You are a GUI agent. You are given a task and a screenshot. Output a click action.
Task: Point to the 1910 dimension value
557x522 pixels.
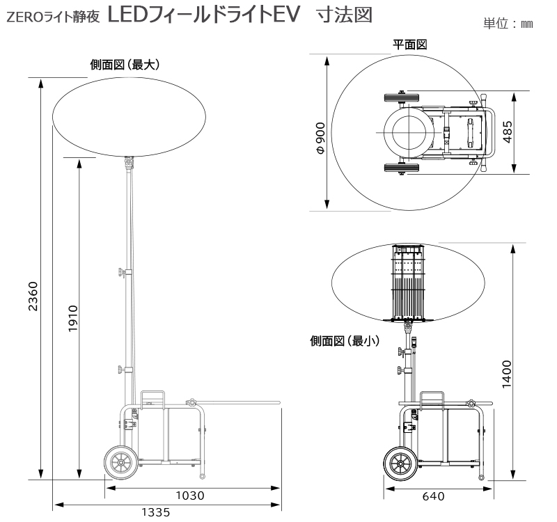(x=72, y=318)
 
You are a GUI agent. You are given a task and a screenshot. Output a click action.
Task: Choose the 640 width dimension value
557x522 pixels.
(x=434, y=497)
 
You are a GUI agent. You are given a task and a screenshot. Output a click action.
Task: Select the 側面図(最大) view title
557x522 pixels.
(x=125, y=65)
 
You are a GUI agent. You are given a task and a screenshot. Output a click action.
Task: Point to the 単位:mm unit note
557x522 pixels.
(x=508, y=24)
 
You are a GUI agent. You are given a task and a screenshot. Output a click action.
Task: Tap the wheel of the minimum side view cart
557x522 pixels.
(x=400, y=464)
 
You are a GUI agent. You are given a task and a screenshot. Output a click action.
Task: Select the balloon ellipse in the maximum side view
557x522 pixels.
(x=125, y=115)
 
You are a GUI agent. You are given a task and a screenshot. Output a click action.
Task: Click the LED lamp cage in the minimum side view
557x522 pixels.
(x=409, y=282)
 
